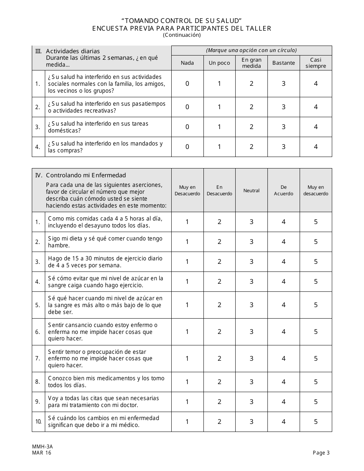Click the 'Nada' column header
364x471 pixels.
[x=187, y=63]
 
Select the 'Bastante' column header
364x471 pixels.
[x=284, y=63]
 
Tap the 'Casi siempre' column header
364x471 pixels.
[x=316, y=63]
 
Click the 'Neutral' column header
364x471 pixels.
[x=251, y=191]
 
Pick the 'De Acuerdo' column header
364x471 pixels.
[x=284, y=190]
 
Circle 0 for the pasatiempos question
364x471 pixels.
[x=187, y=107]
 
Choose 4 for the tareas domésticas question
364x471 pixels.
[x=316, y=127]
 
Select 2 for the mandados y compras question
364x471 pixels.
[x=251, y=147]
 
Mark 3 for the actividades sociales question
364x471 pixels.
[x=284, y=84]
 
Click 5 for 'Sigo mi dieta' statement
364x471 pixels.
[x=316, y=242]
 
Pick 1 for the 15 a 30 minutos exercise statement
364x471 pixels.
[x=187, y=262]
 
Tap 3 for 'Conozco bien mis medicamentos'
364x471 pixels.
[x=251, y=382]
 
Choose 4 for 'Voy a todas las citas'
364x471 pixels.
[x=284, y=402]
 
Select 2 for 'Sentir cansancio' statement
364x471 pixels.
[x=220, y=332]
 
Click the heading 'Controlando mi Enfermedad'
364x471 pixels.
[x=86, y=175]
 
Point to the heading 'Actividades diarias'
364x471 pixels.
[x=73, y=51]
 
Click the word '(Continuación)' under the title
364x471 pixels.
[x=182, y=35]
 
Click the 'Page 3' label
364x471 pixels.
[x=321, y=453]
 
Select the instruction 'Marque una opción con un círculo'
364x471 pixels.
[x=251, y=50]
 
